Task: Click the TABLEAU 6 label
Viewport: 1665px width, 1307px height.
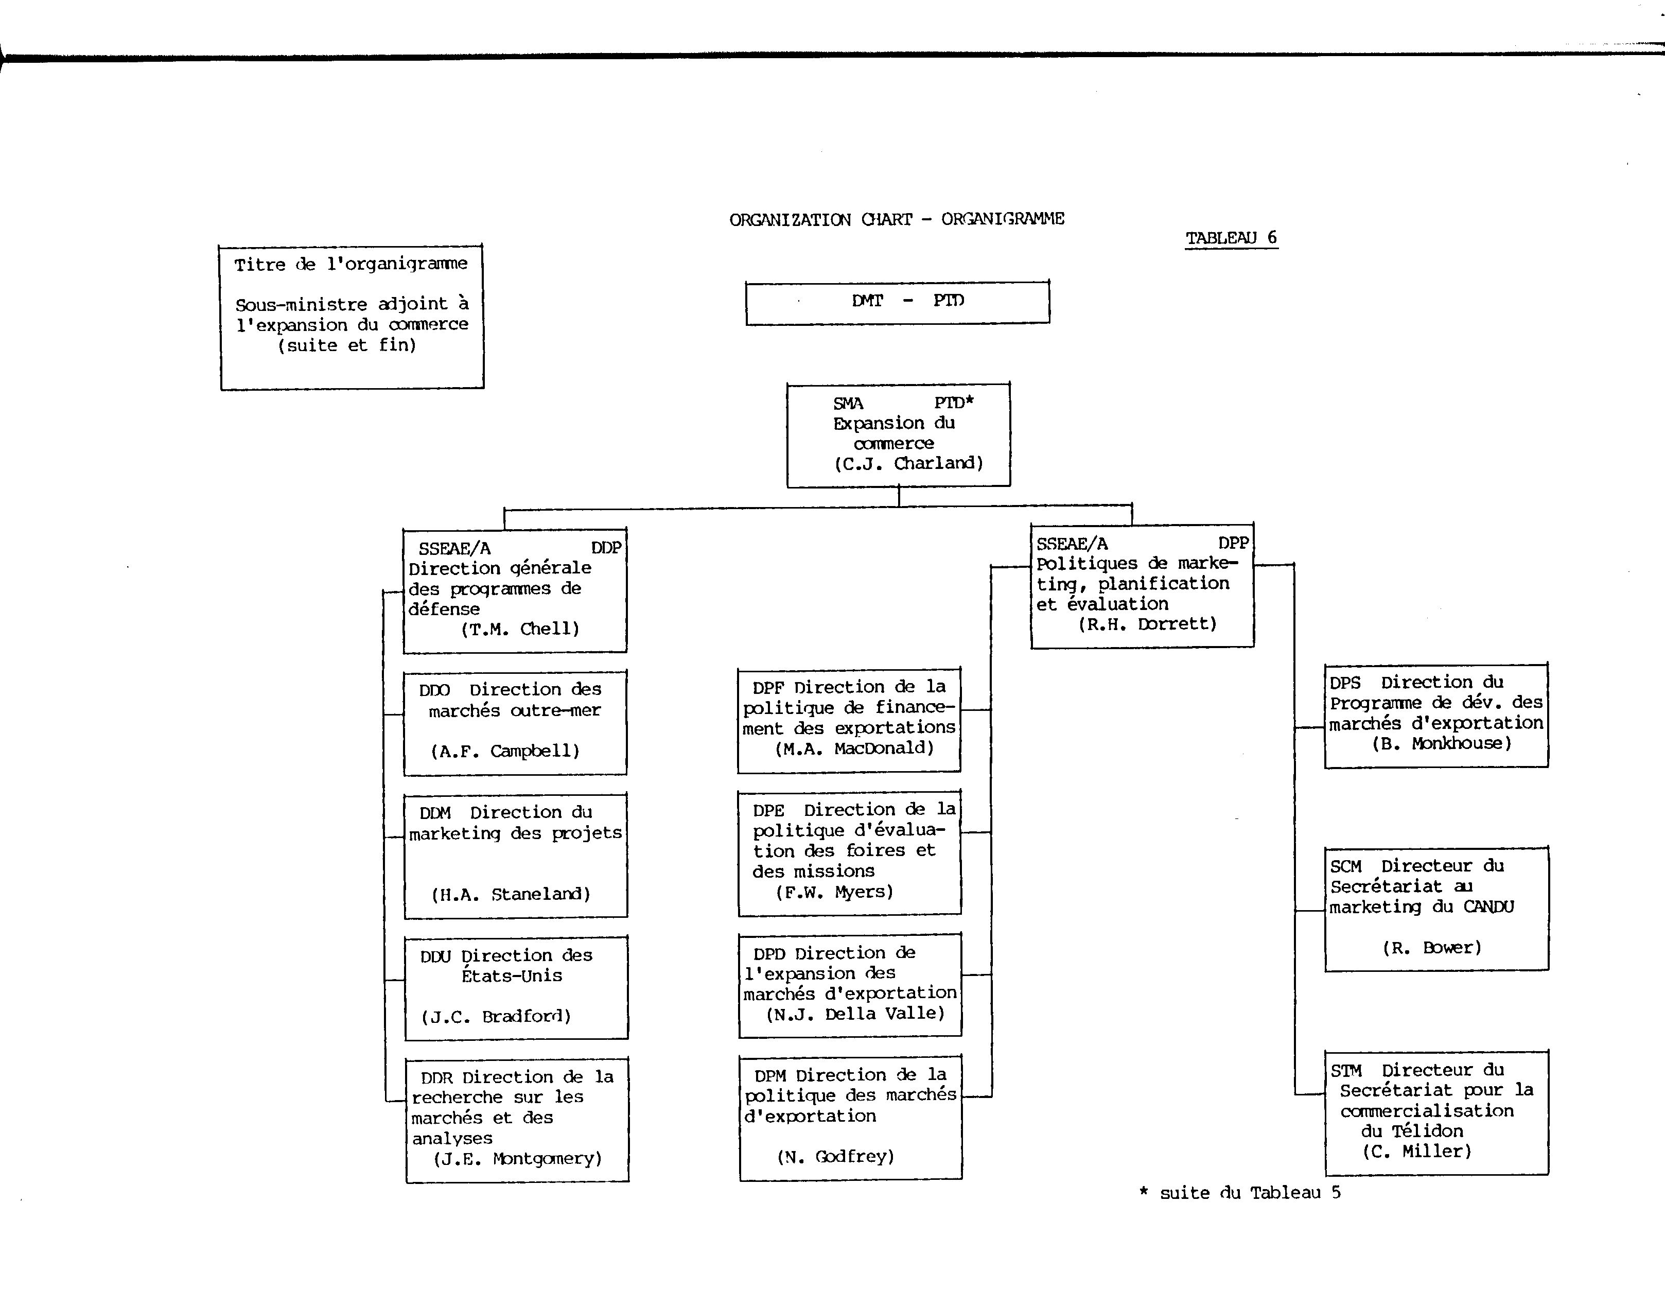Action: (1231, 238)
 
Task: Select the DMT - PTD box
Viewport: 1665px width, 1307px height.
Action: (898, 302)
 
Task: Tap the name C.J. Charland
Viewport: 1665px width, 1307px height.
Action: (908, 463)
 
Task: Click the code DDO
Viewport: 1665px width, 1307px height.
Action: (434, 690)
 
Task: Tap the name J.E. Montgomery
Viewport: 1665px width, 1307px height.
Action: (518, 1159)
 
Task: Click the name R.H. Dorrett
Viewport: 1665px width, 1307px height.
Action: (1148, 624)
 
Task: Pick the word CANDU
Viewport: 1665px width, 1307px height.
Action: (1489, 908)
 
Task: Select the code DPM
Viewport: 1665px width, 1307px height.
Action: (770, 1076)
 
